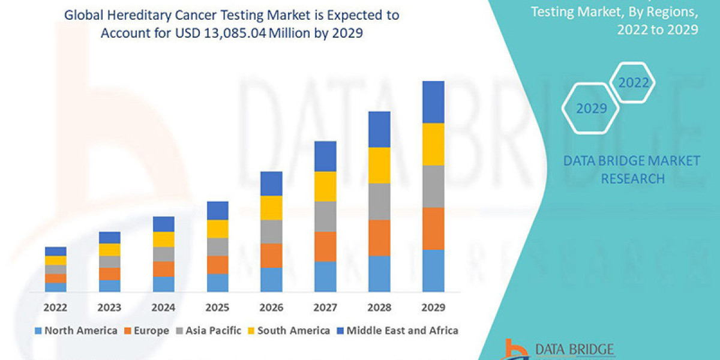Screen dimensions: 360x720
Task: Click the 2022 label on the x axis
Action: point(55,308)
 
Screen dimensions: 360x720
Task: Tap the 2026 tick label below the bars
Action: point(271,308)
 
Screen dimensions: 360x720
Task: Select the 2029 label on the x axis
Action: point(433,308)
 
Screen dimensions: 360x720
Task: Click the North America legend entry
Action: point(76,331)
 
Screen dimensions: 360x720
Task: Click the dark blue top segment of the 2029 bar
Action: point(433,102)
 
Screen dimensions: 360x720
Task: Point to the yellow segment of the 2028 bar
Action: point(379,165)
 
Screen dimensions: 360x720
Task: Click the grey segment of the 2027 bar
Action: point(325,216)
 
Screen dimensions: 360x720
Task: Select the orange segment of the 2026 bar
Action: point(271,256)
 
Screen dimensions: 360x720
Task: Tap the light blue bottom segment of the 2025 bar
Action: point(217,283)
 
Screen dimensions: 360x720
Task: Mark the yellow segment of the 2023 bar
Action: point(109,250)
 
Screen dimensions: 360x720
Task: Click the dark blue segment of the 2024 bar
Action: point(163,224)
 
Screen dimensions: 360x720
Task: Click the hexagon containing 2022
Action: point(634,83)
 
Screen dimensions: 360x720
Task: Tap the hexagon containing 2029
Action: point(591,109)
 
